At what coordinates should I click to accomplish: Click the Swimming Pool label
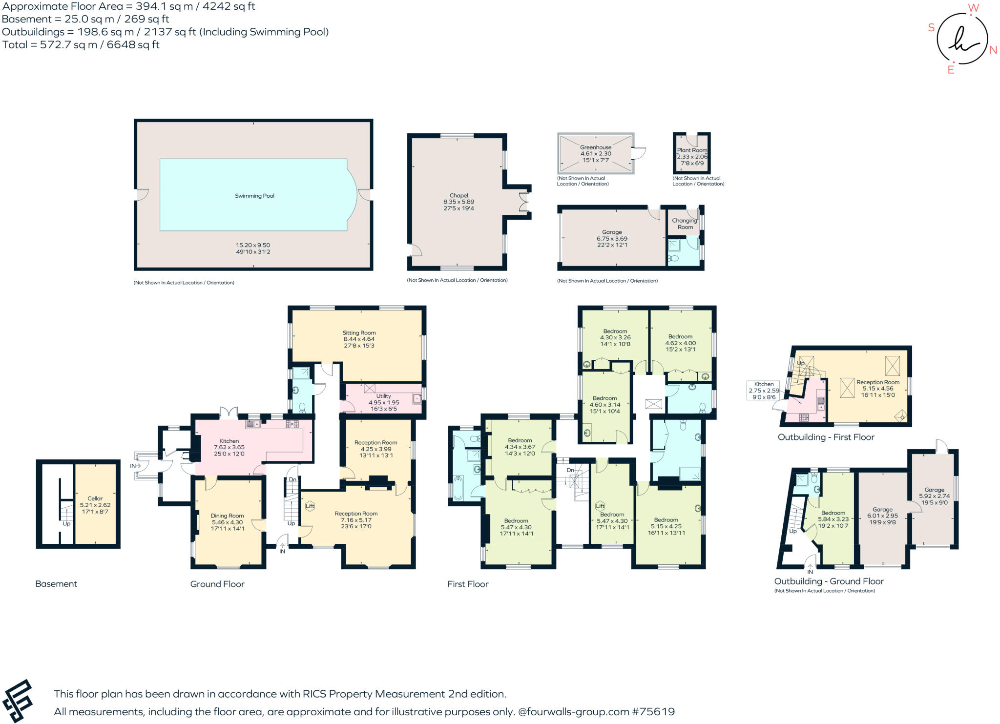click(x=254, y=196)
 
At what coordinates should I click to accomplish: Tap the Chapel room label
click(x=458, y=195)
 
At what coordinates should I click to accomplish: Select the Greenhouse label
click(x=596, y=147)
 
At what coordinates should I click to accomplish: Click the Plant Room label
click(x=692, y=150)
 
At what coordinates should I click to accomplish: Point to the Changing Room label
click(x=685, y=224)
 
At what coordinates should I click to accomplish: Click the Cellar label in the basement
click(x=95, y=498)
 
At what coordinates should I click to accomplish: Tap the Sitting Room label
click(x=359, y=332)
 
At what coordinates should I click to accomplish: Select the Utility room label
click(x=383, y=396)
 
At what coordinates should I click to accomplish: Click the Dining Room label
click(x=227, y=516)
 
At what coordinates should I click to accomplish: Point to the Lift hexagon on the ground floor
click(x=310, y=506)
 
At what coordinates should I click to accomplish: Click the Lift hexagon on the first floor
click(x=600, y=506)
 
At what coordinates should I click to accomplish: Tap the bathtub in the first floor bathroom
click(x=458, y=488)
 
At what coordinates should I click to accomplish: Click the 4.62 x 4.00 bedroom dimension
click(x=680, y=343)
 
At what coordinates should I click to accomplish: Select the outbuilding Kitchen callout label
click(x=764, y=384)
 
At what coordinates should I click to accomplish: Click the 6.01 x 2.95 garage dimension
click(x=882, y=516)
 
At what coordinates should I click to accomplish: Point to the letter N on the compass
click(x=993, y=50)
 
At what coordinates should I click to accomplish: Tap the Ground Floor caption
click(x=217, y=584)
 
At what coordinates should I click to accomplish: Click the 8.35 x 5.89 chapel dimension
click(x=458, y=202)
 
